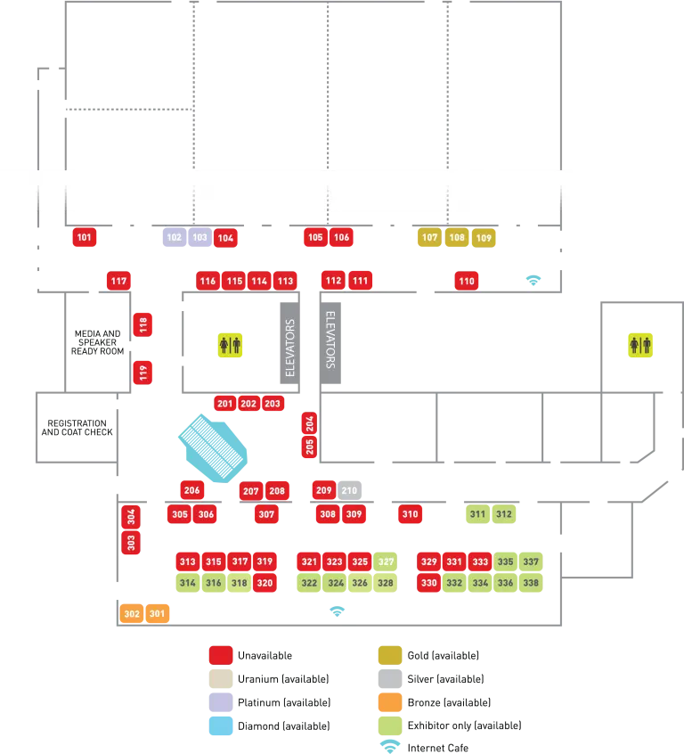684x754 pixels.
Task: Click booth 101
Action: [85, 238]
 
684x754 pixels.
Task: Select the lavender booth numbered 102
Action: [174, 238]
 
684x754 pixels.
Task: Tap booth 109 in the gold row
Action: [484, 238]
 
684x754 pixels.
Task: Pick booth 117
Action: [118, 282]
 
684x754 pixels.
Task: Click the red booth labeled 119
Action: [142, 372]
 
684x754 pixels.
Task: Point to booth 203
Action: [273, 404]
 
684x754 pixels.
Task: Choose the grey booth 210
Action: [349, 490]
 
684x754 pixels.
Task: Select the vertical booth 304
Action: [131, 515]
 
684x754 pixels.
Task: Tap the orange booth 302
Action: [132, 613]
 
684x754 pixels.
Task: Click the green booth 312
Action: [504, 514]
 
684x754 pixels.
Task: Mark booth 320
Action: [265, 583]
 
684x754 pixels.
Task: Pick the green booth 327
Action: [386, 562]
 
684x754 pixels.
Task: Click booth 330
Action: [429, 583]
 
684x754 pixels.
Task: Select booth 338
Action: [531, 583]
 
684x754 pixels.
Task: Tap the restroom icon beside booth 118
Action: [229, 345]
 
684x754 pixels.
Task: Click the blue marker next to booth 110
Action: [533, 279]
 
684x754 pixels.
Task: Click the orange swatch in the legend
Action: [391, 702]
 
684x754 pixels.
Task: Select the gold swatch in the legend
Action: [391, 655]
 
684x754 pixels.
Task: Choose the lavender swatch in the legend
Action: [220, 702]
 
